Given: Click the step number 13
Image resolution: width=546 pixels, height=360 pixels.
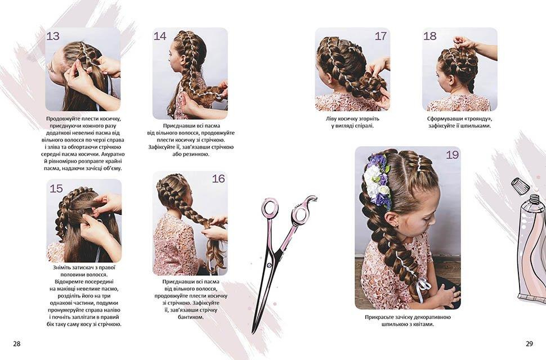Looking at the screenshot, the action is [x=53, y=36].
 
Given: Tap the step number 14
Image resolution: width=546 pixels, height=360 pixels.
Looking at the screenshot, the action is [x=160, y=36].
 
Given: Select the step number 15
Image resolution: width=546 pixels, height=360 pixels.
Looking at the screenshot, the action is [x=56, y=188].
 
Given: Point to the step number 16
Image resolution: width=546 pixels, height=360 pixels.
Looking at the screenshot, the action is [x=218, y=179].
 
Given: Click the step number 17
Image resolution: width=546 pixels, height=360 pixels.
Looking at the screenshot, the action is [x=381, y=36].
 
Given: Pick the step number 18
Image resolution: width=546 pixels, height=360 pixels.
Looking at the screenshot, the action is [x=430, y=36].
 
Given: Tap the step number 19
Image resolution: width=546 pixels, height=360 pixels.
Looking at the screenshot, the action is [x=453, y=155].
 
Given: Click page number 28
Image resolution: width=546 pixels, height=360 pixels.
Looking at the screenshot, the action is [x=17, y=344].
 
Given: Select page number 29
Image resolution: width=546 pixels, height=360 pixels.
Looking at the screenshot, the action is [x=529, y=344].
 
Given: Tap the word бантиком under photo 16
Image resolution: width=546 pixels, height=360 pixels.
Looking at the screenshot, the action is [x=190, y=317].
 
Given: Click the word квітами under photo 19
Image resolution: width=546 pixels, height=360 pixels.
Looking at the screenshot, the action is [x=423, y=324].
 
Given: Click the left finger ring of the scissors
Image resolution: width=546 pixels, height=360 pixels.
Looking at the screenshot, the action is [x=270, y=208].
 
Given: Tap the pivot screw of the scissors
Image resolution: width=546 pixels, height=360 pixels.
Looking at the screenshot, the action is [x=270, y=265].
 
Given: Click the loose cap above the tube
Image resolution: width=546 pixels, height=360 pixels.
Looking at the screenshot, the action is [x=520, y=186].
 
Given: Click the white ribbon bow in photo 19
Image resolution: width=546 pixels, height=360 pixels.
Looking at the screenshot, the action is [x=422, y=287].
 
